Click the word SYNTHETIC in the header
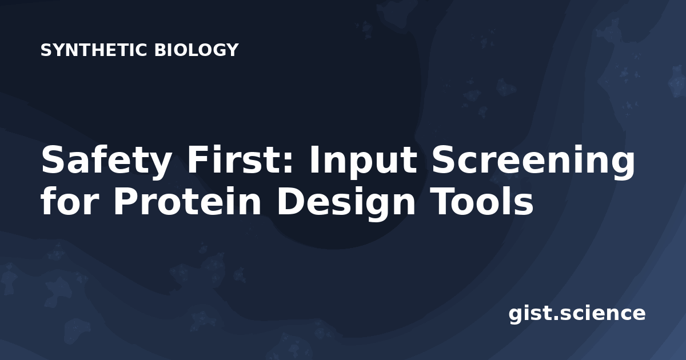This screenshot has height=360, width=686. tap(94, 50)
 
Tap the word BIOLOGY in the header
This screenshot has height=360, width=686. tap(196, 50)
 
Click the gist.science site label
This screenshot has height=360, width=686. tap(577, 314)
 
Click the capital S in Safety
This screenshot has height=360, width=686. tap(54, 159)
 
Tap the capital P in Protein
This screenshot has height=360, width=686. tap(126, 200)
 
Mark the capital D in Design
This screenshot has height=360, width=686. tap(290, 200)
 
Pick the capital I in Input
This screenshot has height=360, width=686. tap(314, 159)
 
